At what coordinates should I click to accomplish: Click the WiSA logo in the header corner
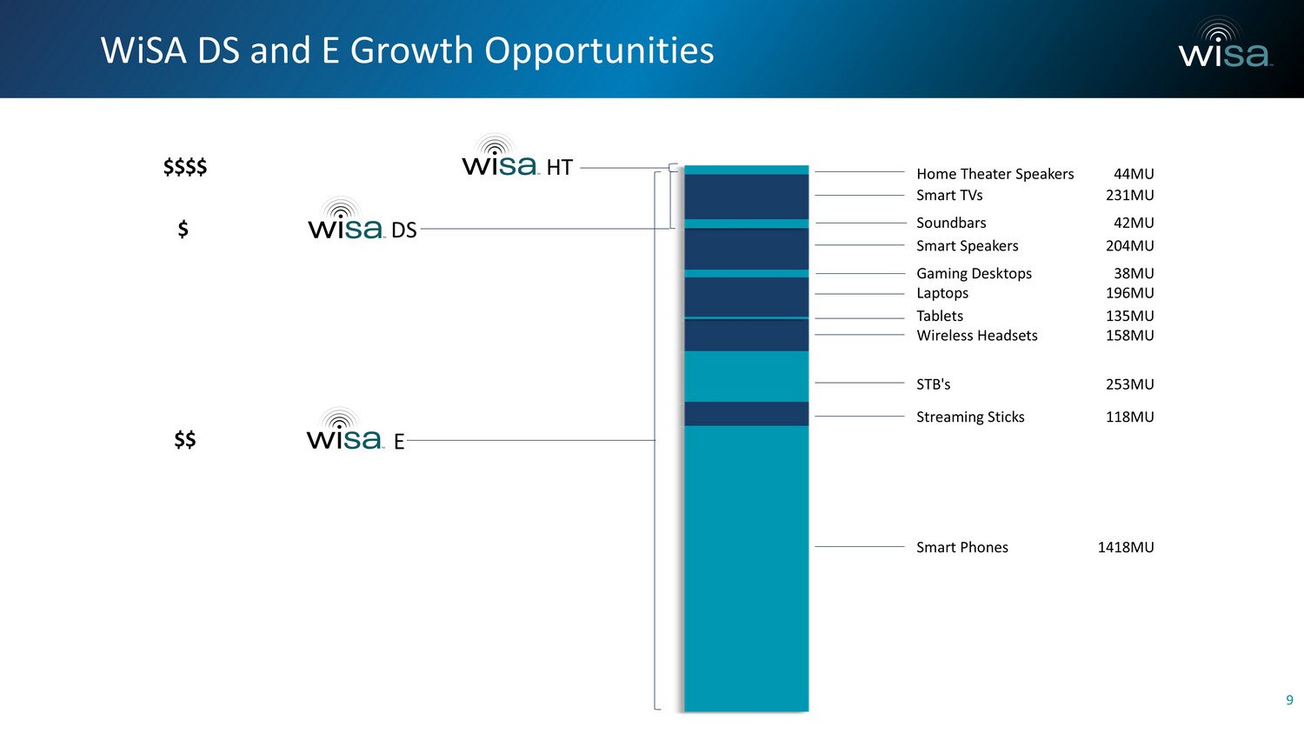tap(1225, 43)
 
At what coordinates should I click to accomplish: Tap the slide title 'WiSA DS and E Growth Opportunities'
tap(407, 50)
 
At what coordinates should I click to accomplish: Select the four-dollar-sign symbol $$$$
tap(185, 167)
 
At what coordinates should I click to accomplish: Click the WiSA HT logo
tap(517, 157)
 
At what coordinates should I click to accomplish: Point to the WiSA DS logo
tap(363, 219)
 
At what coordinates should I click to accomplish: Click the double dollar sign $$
tap(185, 439)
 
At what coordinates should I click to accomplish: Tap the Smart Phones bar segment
tap(746, 569)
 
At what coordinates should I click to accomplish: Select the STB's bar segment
tap(746, 377)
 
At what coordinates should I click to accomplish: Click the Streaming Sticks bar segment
tap(746, 414)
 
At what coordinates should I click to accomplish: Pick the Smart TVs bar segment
tap(746, 197)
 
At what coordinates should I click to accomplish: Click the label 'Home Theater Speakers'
tap(995, 174)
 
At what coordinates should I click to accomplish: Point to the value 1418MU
tap(1125, 547)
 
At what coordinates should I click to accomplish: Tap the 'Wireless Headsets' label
tap(977, 336)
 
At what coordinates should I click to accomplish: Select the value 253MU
tap(1129, 384)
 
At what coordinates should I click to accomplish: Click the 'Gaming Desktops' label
tap(974, 273)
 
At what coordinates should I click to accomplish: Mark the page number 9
tap(1289, 699)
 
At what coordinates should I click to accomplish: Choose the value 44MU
tap(1134, 174)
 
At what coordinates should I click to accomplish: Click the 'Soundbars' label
tap(951, 224)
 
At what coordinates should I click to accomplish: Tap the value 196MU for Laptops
tap(1129, 293)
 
